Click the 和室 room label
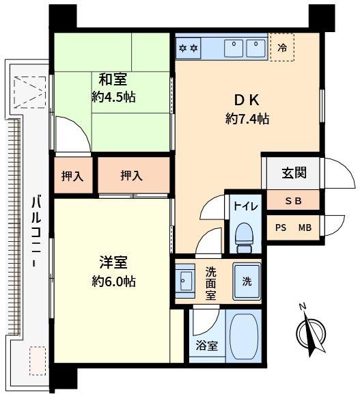click(x=113, y=79)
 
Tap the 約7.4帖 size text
click(x=247, y=119)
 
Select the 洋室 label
click(x=113, y=262)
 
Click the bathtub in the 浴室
click(x=243, y=335)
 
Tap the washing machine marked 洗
click(x=247, y=281)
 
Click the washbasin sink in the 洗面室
click(x=184, y=281)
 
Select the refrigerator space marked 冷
click(x=282, y=47)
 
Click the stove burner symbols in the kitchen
click(x=189, y=48)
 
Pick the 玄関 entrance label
click(x=294, y=173)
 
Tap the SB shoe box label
click(x=293, y=202)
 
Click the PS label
click(x=281, y=228)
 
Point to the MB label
click(x=305, y=228)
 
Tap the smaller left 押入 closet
click(x=72, y=176)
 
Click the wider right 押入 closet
click(x=134, y=176)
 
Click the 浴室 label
click(x=206, y=346)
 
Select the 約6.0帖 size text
click(x=113, y=281)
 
